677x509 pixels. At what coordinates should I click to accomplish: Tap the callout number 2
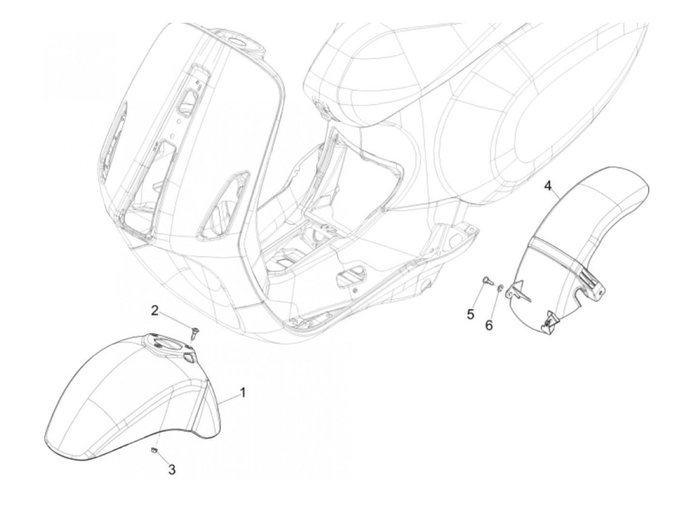[x=155, y=310]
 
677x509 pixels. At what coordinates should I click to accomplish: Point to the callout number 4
[x=548, y=186]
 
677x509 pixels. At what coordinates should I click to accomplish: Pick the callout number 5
[x=471, y=314]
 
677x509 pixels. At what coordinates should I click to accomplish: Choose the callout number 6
[x=489, y=325]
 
